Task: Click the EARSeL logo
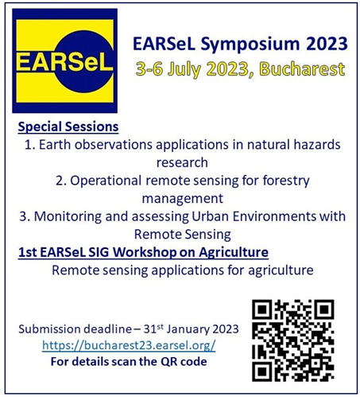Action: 64,60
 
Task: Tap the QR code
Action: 293,341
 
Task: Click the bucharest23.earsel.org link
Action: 129,345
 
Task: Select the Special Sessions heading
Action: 68,126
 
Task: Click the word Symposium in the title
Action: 250,45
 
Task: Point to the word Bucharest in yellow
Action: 302,68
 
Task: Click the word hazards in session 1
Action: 317,145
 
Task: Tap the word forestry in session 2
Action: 286,181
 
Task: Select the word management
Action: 183,199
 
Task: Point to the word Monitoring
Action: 68,216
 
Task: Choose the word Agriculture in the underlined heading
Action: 234,252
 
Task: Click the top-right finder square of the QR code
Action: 325,309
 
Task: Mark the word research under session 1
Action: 182,162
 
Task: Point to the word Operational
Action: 106,181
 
